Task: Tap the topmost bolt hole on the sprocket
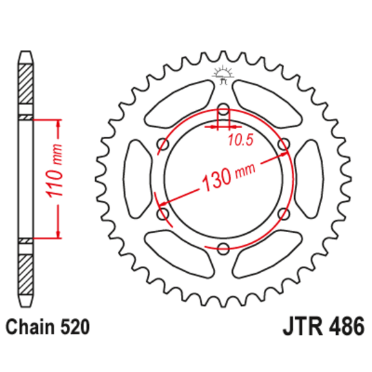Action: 223,110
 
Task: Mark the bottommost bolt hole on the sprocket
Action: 223,249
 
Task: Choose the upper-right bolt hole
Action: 282,144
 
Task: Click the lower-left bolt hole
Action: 163,214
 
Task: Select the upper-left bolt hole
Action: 163,144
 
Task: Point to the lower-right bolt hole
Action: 282,214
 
